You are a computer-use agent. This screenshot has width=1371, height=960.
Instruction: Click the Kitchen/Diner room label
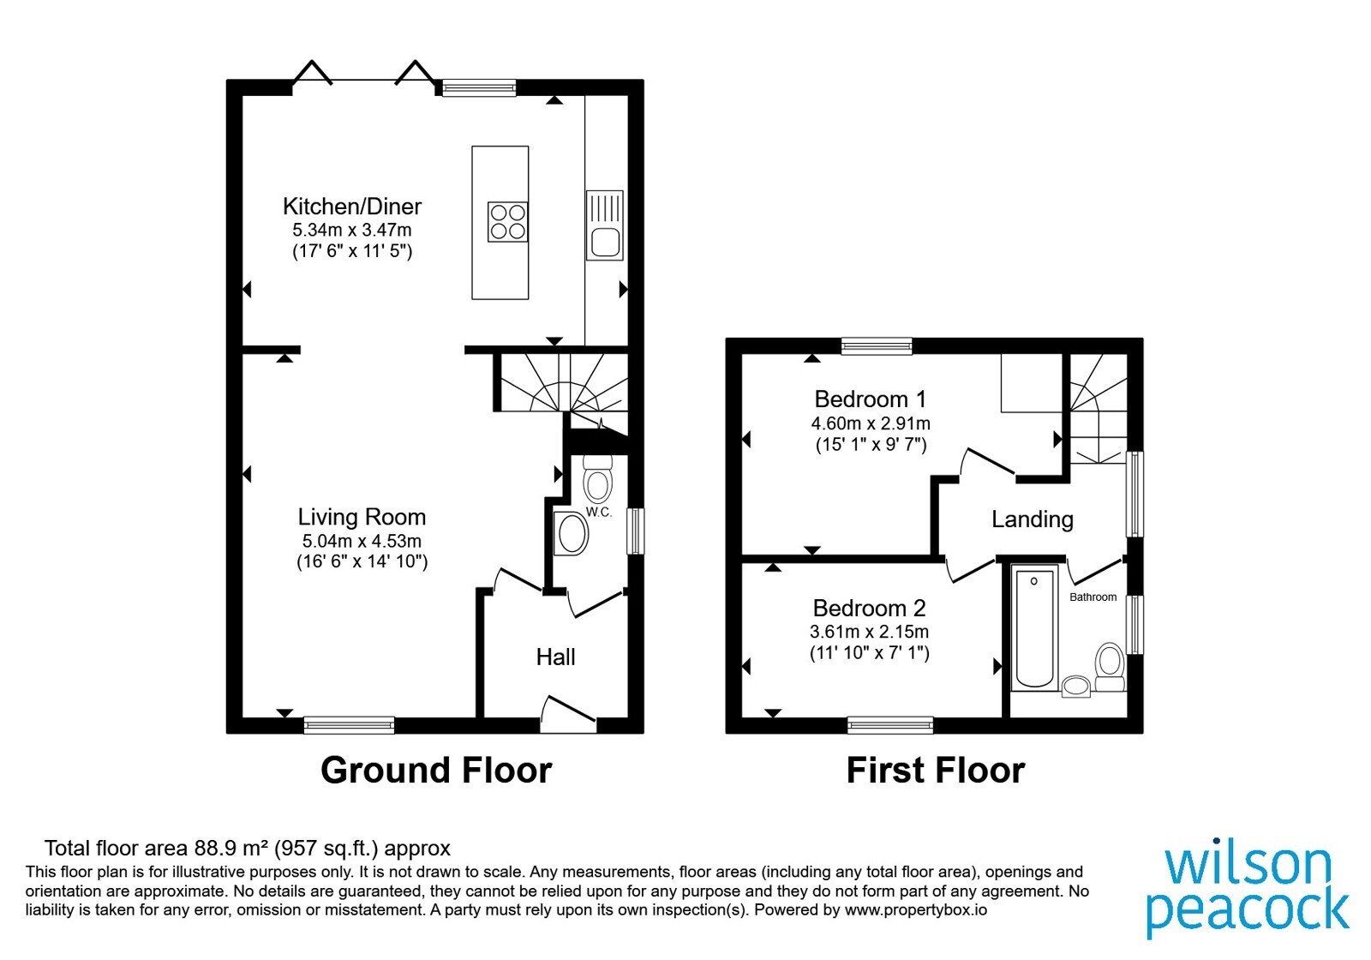pyautogui.click(x=352, y=207)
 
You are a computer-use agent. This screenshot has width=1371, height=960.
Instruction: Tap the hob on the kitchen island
pyautogui.click(x=508, y=222)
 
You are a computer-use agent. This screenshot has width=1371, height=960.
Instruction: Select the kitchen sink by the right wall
pyautogui.click(x=605, y=225)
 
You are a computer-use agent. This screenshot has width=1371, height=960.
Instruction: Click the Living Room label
pyautogui.click(x=362, y=517)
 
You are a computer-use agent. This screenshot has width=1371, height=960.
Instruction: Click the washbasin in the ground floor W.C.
pyautogui.click(x=571, y=533)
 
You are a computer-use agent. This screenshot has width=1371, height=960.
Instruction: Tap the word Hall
pyautogui.click(x=555, y=657)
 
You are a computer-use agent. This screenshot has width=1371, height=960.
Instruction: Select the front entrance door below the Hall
pyautogui.click(x=569, y=712)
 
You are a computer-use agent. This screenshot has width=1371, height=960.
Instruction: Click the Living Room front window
pyautogui.click(x=350, y=725)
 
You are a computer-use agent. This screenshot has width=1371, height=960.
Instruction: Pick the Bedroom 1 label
pyautogui.click(x=871, y=399)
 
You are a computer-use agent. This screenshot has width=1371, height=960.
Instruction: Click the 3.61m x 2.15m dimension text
pyautogui.click(x=869, y=631)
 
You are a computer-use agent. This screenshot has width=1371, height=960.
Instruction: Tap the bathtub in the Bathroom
pyautogui.click(x=1034, y=627)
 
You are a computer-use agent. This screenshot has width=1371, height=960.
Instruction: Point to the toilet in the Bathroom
pyautogui.click(x=1110, y=667)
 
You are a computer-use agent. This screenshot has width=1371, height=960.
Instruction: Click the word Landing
pyautogui.click(x=1033, y=519)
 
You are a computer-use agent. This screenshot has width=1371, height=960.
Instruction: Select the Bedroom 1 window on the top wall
pyautogui.click(x=877, y=346)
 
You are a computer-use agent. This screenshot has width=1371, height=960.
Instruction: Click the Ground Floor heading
pyautogui.click(x=436, y=771)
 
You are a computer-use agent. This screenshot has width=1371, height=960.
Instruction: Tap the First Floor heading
pyautogui.click(x=935, y=771)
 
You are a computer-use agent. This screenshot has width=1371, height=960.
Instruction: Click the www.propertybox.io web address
pyautogui.click(x=916, y=909)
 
